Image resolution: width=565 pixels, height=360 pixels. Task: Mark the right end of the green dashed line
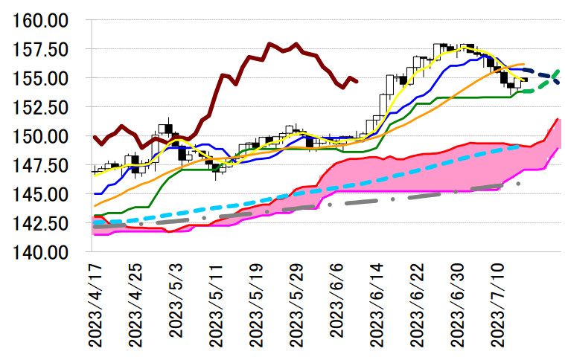(x=558, y=71)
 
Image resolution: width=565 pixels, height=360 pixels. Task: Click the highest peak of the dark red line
(x=269, y=44)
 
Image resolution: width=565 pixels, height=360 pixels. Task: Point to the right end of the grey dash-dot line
(x=518, y=183)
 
